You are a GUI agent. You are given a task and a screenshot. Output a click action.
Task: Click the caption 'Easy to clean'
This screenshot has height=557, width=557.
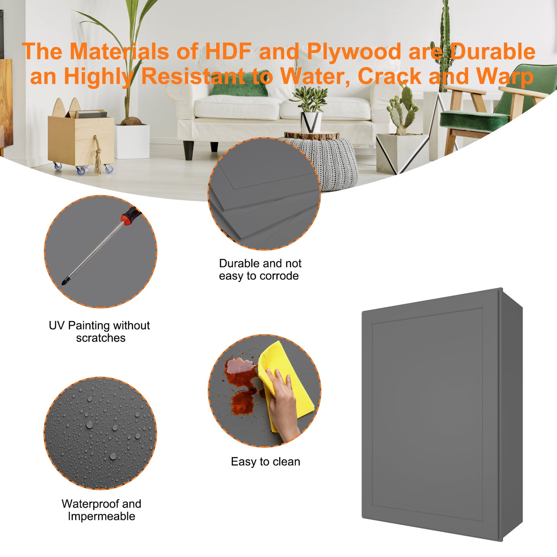pos(265,462)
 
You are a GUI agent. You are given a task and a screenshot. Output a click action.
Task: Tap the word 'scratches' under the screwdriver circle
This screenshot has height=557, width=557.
pos(101,338)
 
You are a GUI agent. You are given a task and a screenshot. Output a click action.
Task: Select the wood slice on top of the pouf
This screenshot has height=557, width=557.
pos(311,135)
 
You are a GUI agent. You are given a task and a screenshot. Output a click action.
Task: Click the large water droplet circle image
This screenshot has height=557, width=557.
pos(100,433)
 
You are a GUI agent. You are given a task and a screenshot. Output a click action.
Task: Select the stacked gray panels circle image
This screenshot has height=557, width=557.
pos(264,194)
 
